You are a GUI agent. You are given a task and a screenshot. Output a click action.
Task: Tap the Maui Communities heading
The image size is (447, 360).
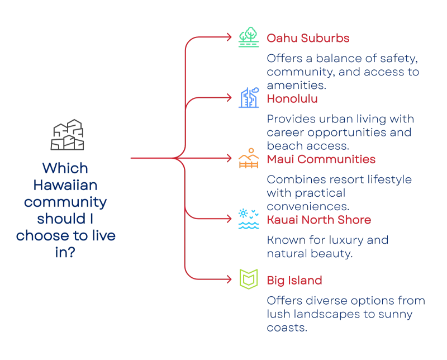320,160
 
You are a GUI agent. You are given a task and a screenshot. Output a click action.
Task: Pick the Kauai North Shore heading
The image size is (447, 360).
317,220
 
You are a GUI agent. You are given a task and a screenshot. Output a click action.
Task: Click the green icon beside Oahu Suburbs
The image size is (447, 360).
247,38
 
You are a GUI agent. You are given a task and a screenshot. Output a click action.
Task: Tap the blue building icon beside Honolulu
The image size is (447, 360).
247,98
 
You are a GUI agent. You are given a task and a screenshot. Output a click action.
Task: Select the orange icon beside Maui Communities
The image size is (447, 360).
247,159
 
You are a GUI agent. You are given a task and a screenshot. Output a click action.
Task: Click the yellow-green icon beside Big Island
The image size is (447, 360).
247,279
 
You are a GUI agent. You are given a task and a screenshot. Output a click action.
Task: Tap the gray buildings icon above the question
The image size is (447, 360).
67,135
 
